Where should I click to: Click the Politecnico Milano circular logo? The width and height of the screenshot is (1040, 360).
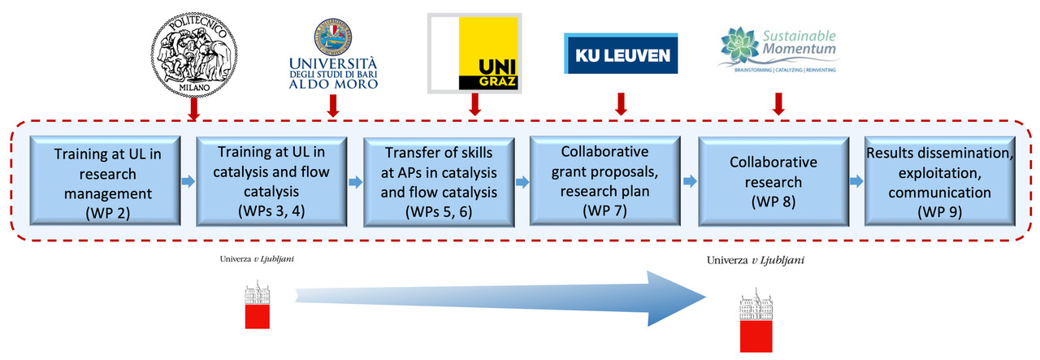[193, 50]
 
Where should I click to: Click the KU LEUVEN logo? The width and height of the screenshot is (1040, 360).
[621, 54]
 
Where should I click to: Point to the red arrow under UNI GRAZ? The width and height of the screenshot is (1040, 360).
[475, 103]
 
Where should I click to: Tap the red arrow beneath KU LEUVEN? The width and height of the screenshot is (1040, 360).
[621, 103]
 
